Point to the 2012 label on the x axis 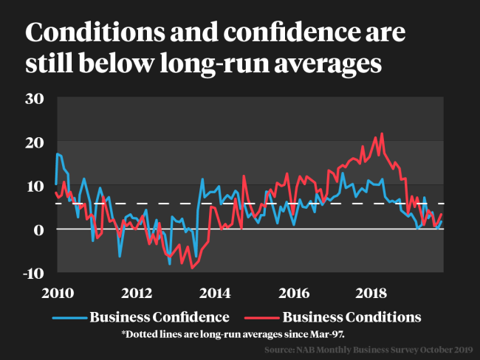click(137, 293)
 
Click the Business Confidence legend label click(160, 317)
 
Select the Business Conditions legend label click(352, 317)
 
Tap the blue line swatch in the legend click(70, 318)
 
